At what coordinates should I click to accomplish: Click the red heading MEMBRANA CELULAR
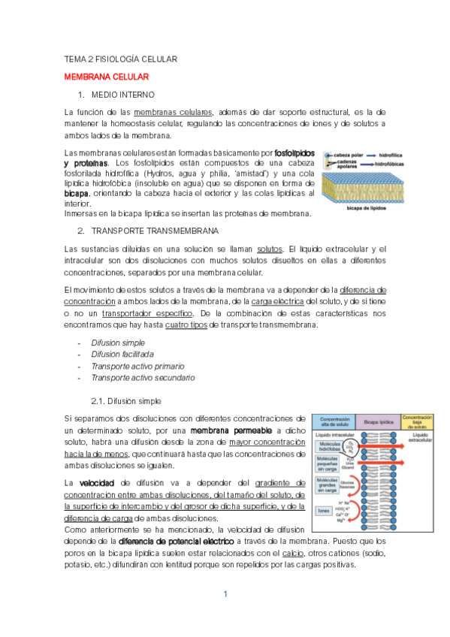pyautogui.click(x=107, y=77)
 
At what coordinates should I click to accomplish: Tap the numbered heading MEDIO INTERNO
pyautogui.click(x=122, y=95)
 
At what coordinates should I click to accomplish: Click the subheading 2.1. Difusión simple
pyautogui.click(x=125, y=401)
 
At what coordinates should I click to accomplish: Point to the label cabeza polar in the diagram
pyautogui.click(x=349, y=153)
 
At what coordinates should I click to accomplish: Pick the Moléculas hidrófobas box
pyautogui.click(x=330, y=448)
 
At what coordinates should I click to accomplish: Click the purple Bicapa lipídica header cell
pyautogui.click(x=376, y=421)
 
